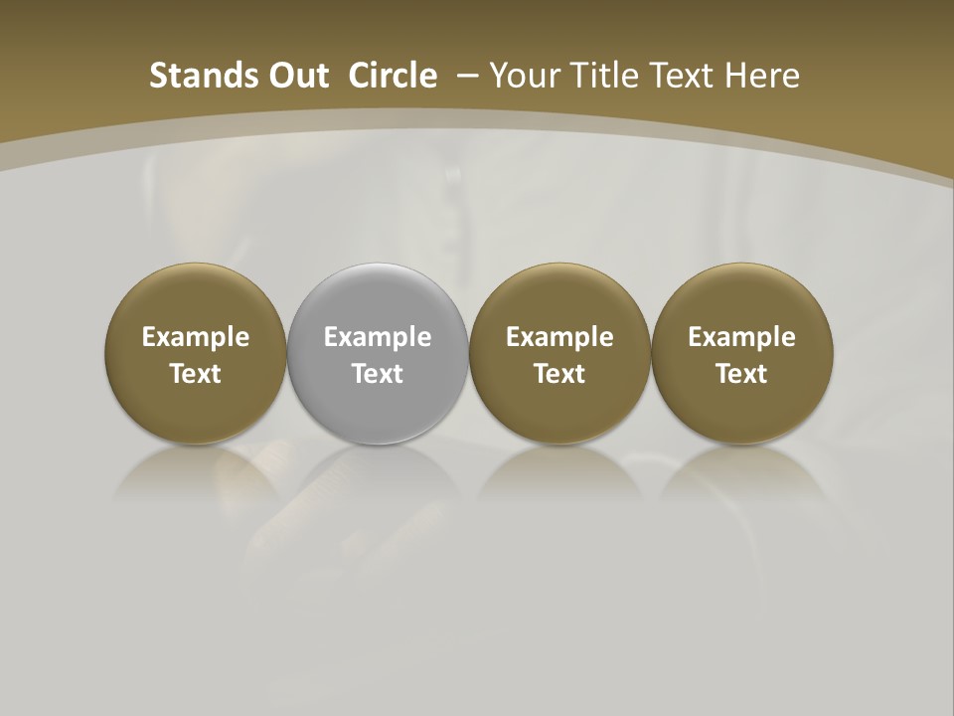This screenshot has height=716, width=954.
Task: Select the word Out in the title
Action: (295, 76)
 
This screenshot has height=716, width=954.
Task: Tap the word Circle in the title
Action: (393, 76)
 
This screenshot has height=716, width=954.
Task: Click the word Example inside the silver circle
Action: (378, 337)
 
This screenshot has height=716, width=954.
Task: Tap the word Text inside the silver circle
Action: (378, 374)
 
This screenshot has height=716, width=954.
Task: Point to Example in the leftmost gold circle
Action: (196, 337)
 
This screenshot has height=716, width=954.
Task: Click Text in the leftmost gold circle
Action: (196, 374)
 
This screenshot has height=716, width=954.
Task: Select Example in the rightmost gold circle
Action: (742, 337)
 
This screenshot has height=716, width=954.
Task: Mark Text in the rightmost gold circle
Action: (742, 374)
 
